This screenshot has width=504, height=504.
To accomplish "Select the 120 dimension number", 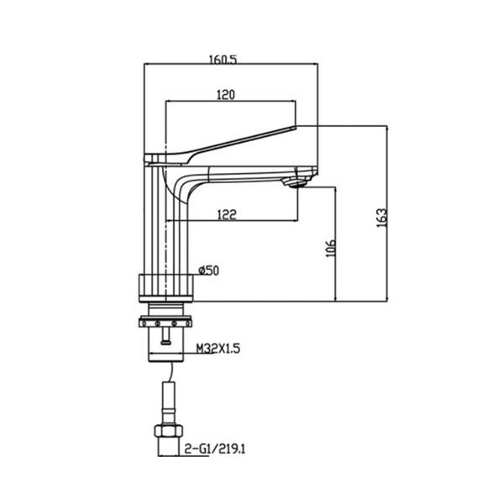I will (225, 95).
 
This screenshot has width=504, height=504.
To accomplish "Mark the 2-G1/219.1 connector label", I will (215, 450).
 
